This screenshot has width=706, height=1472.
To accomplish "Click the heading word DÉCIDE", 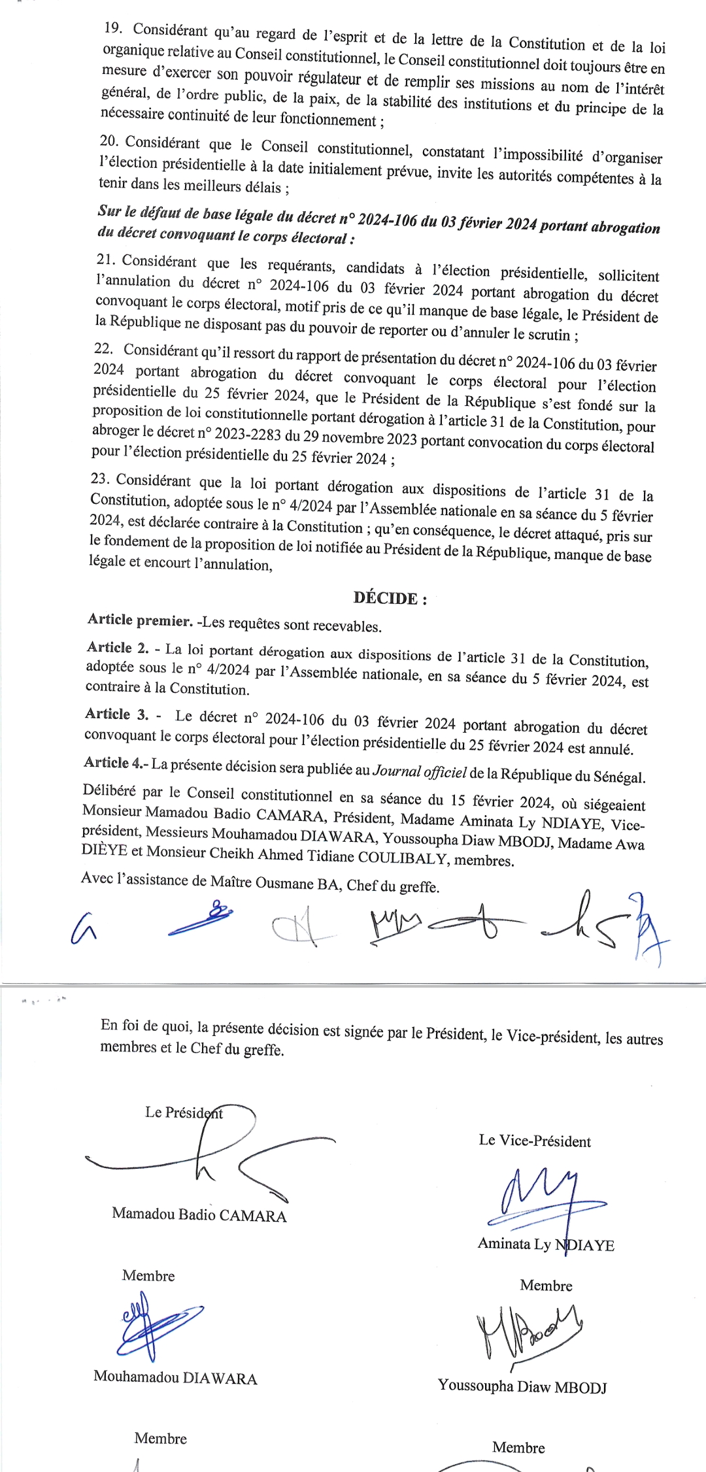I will tap(386, 598).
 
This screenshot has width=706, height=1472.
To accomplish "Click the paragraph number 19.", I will tap(114, 28).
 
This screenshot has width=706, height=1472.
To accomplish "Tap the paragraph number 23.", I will tap(100, 478).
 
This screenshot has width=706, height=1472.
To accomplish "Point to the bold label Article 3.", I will tap(117, 714).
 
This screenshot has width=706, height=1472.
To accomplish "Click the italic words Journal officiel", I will tap(420, 772).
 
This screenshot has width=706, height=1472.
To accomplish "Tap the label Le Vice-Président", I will tap(535, 1141).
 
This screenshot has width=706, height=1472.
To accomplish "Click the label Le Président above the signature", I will tap(184, 1112).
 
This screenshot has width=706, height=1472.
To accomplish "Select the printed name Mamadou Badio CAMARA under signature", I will tap(199, 1214).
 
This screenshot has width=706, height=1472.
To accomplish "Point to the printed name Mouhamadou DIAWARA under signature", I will tap(175, 1377).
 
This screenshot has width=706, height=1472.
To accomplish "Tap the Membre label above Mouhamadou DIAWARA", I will tap(148, 1276).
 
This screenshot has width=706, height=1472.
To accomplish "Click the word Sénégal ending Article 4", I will tap(619, 777).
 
